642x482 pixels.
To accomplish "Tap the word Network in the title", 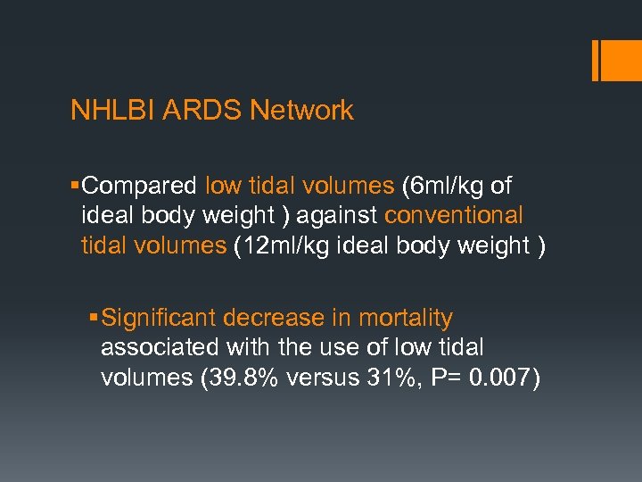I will click(302, 111).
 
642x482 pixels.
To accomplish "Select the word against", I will click(338, 216).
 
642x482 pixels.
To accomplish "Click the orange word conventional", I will click(454, 216).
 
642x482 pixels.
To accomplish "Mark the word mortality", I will click(406, 319).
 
